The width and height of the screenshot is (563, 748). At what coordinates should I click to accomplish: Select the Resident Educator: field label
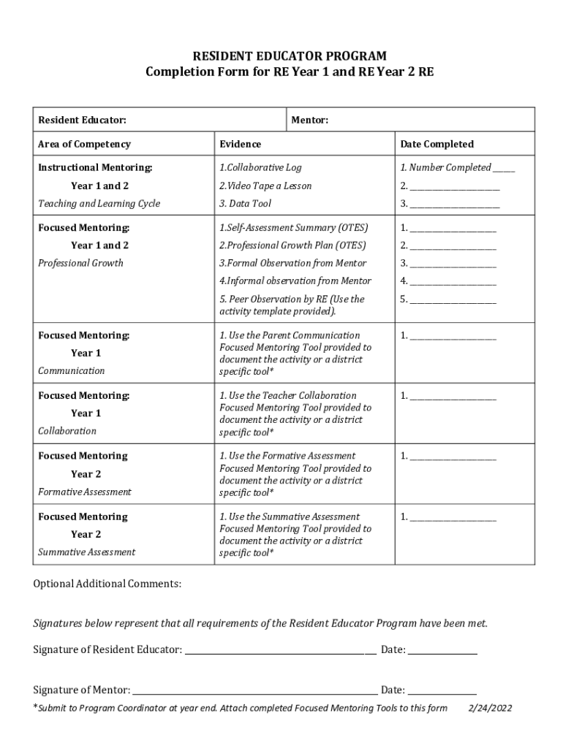(82, 120)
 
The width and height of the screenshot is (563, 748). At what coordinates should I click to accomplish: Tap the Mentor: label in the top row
(309, 120)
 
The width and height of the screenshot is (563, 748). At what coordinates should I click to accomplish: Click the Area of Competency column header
(84, 144)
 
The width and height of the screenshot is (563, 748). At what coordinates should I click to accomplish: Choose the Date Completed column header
(437, 144)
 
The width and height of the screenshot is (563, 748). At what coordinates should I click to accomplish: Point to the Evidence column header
(240, 144)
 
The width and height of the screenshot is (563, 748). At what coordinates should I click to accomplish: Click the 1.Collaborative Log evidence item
(260, 168)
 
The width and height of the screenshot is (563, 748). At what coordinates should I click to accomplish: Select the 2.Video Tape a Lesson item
(265, 186)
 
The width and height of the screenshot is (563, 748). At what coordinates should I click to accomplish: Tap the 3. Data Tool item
(245, 203)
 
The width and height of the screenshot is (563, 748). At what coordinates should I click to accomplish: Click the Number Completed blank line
(504, 169)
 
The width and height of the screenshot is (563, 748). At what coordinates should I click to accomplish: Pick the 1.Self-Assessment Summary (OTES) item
(294, 228)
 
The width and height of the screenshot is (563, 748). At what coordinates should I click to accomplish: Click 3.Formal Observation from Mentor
(292, 263)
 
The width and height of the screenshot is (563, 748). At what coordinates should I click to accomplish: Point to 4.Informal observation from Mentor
(295, 280)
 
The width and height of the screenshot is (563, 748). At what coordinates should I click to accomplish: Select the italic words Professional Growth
(80, 263)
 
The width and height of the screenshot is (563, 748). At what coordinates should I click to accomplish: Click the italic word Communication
(71, 370)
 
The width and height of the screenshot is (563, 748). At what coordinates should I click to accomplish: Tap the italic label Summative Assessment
(86, 552)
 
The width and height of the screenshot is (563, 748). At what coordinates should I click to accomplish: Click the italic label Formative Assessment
(85, 492)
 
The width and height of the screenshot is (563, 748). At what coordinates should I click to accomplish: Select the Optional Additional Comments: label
(107, 584)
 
